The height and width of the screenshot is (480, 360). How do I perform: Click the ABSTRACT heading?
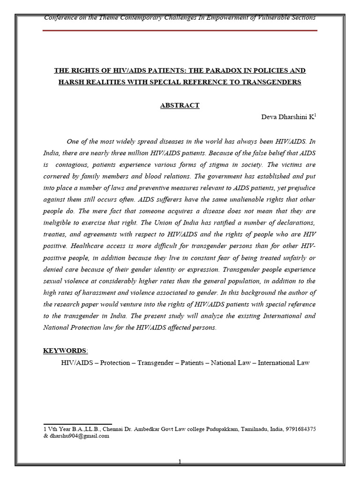coord(180,105)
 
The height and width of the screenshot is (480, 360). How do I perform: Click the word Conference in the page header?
coord(60,17)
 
